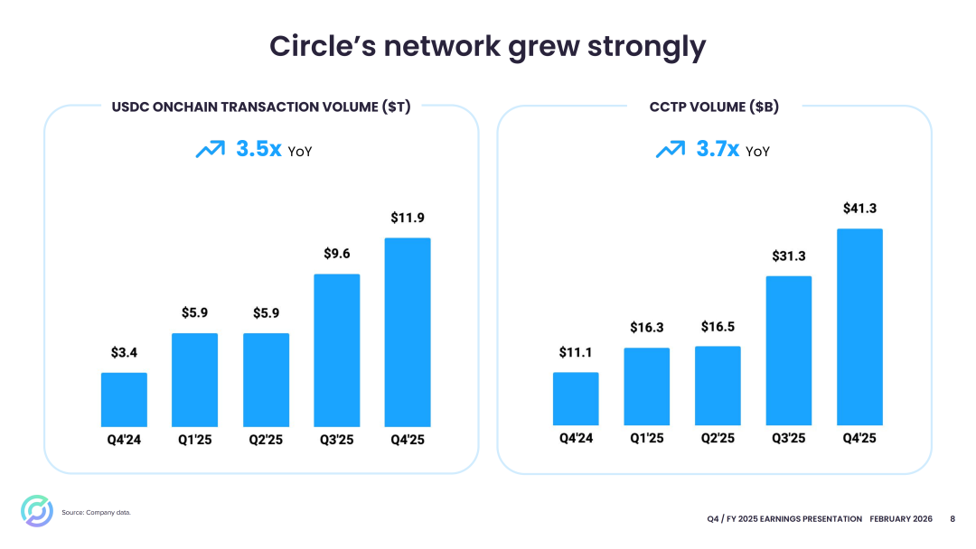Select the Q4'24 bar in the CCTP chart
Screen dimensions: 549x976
(x=576, y=398)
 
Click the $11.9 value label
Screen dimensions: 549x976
(x=408, y=218)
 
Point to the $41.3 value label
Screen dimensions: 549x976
(x=859, y=209)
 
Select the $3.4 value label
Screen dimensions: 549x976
(x=124, y=352)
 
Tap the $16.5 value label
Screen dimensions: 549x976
(x=718, y=326)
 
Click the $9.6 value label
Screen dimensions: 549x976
(x=337, y=254)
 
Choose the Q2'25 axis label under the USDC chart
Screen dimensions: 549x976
(x=266, y=440)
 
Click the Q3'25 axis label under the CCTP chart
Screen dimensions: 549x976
(x=788, y=438)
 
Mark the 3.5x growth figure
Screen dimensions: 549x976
(x=258, y=149)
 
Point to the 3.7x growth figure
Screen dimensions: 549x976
(x=718, y=149)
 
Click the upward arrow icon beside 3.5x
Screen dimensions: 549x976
(x=210, y=149)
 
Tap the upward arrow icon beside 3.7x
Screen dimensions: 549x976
(x=670, y=149)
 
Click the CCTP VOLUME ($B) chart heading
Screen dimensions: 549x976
(x=714, y=107)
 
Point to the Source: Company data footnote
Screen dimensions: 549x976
(x=97, y=513)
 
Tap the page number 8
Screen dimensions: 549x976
(x=953, y=518)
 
